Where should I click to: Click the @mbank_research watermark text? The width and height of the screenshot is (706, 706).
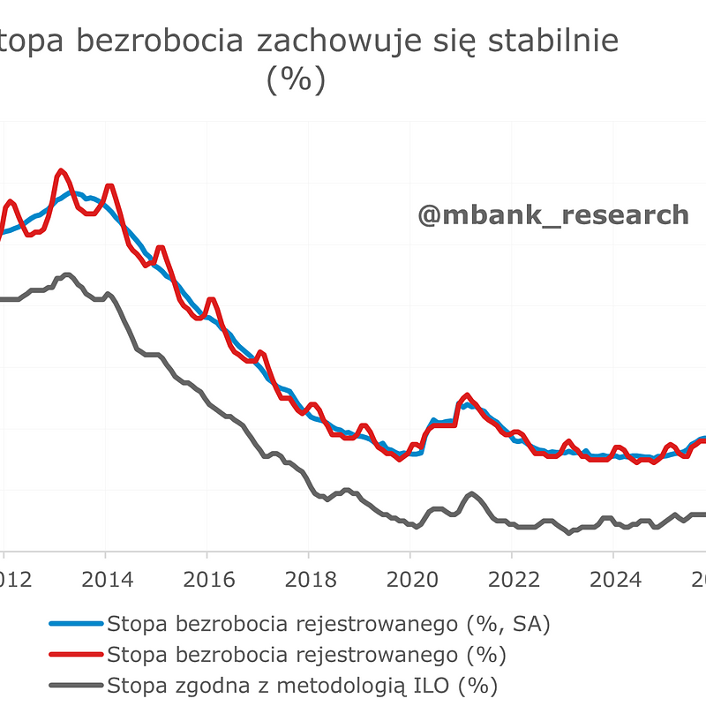552,214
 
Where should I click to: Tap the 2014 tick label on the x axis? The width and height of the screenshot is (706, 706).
105,581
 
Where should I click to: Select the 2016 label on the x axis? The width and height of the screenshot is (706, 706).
207,581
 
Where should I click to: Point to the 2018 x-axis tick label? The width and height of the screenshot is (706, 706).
308,581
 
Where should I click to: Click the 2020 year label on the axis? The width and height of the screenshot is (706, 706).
409,581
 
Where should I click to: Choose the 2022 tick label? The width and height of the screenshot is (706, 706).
511,581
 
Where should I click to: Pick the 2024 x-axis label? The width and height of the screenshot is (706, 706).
612,581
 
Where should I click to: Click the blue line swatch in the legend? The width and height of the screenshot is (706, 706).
76,625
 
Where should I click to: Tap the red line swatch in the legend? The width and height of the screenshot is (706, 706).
76,655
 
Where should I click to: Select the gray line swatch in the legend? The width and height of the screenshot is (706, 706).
76,685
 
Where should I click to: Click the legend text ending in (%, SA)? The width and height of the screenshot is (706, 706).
328,625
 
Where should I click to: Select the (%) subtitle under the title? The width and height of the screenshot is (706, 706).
296,80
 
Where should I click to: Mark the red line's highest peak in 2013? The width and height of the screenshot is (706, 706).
60,170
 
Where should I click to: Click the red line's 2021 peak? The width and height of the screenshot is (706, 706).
467,394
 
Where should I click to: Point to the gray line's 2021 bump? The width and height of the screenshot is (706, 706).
472,493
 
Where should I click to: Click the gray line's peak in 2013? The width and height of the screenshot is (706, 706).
66,274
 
